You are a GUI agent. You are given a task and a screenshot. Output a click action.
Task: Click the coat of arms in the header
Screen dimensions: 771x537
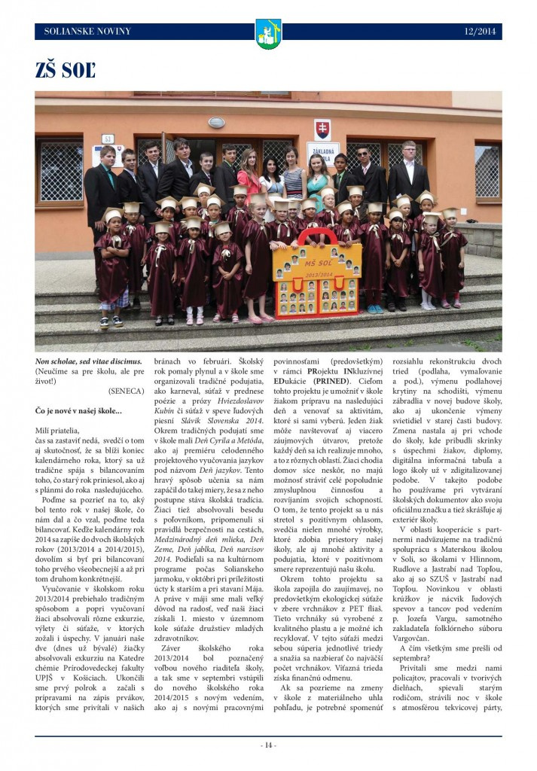[x=268, y=33]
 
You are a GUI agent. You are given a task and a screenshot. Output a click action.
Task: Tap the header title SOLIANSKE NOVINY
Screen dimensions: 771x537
[x=88, y=32]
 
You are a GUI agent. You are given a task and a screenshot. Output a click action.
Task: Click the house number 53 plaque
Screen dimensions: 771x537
[x=108, y=139]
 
